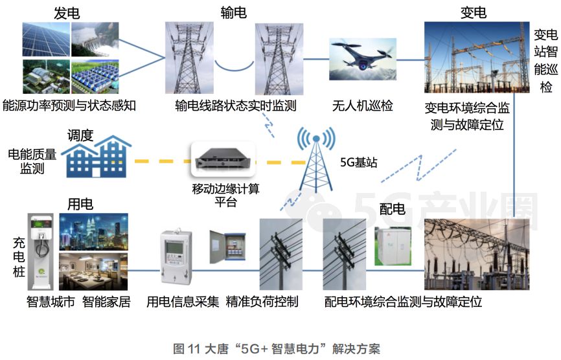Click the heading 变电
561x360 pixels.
[x=473, y=13]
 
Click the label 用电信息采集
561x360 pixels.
[x=183, y=302]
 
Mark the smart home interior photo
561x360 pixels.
[x=93, y=271]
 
